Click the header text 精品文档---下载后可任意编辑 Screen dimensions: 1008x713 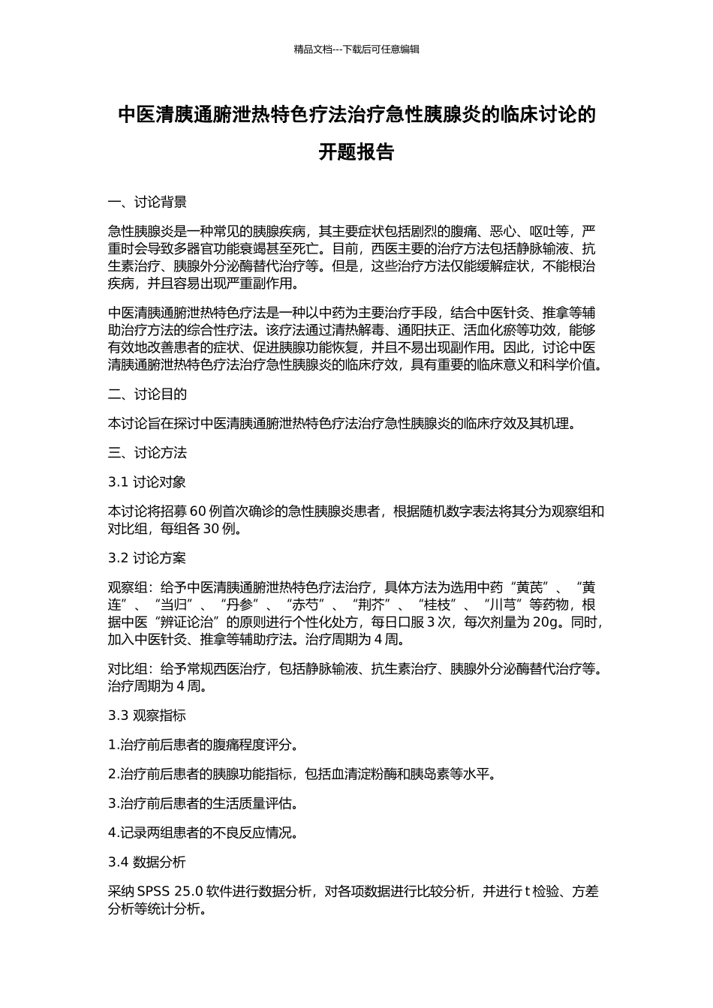coord(356,49)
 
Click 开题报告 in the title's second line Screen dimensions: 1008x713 coord(356,152)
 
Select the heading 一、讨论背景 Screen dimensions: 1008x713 coord(147,202)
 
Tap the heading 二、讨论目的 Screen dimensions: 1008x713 coord(147,394)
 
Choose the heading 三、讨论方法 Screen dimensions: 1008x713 coord(147,453)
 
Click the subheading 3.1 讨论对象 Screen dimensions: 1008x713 coord(147,482)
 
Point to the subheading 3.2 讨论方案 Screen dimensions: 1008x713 coord(147,558)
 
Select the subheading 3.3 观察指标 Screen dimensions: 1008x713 coord(147,715)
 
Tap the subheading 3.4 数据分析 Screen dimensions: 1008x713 coord(147,862)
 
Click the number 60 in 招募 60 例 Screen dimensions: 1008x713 coord(198,511)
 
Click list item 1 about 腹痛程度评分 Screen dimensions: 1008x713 coord(203,745)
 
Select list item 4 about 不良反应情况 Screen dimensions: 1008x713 coord(203,832)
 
